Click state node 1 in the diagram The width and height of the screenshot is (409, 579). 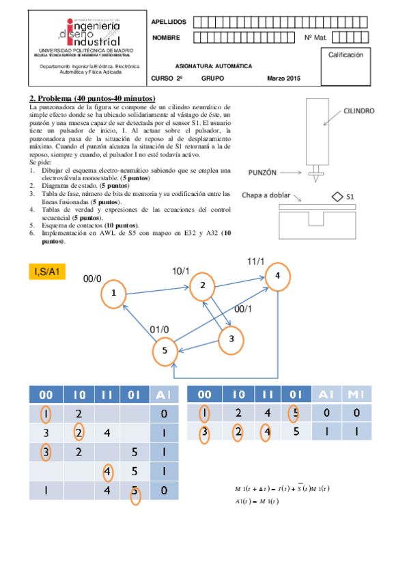[114, 294]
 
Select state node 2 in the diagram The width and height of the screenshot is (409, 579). [203, 285]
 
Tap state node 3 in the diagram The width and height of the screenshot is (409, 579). [231, 339]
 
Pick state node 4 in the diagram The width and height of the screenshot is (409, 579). [277, 275]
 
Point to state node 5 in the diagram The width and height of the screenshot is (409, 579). [165, 351]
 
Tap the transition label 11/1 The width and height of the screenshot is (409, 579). [257, 262]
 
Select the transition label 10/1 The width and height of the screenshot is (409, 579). [182, 271]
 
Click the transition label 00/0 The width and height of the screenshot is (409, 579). [92, 279]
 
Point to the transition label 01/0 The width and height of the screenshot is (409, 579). [160, 330]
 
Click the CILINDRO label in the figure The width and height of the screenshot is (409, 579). [358, 109]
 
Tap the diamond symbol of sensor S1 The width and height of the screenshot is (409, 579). [337, 197]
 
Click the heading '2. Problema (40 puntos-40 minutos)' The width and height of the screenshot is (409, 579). [92, 98]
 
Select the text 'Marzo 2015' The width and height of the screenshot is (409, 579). [283, 80]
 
